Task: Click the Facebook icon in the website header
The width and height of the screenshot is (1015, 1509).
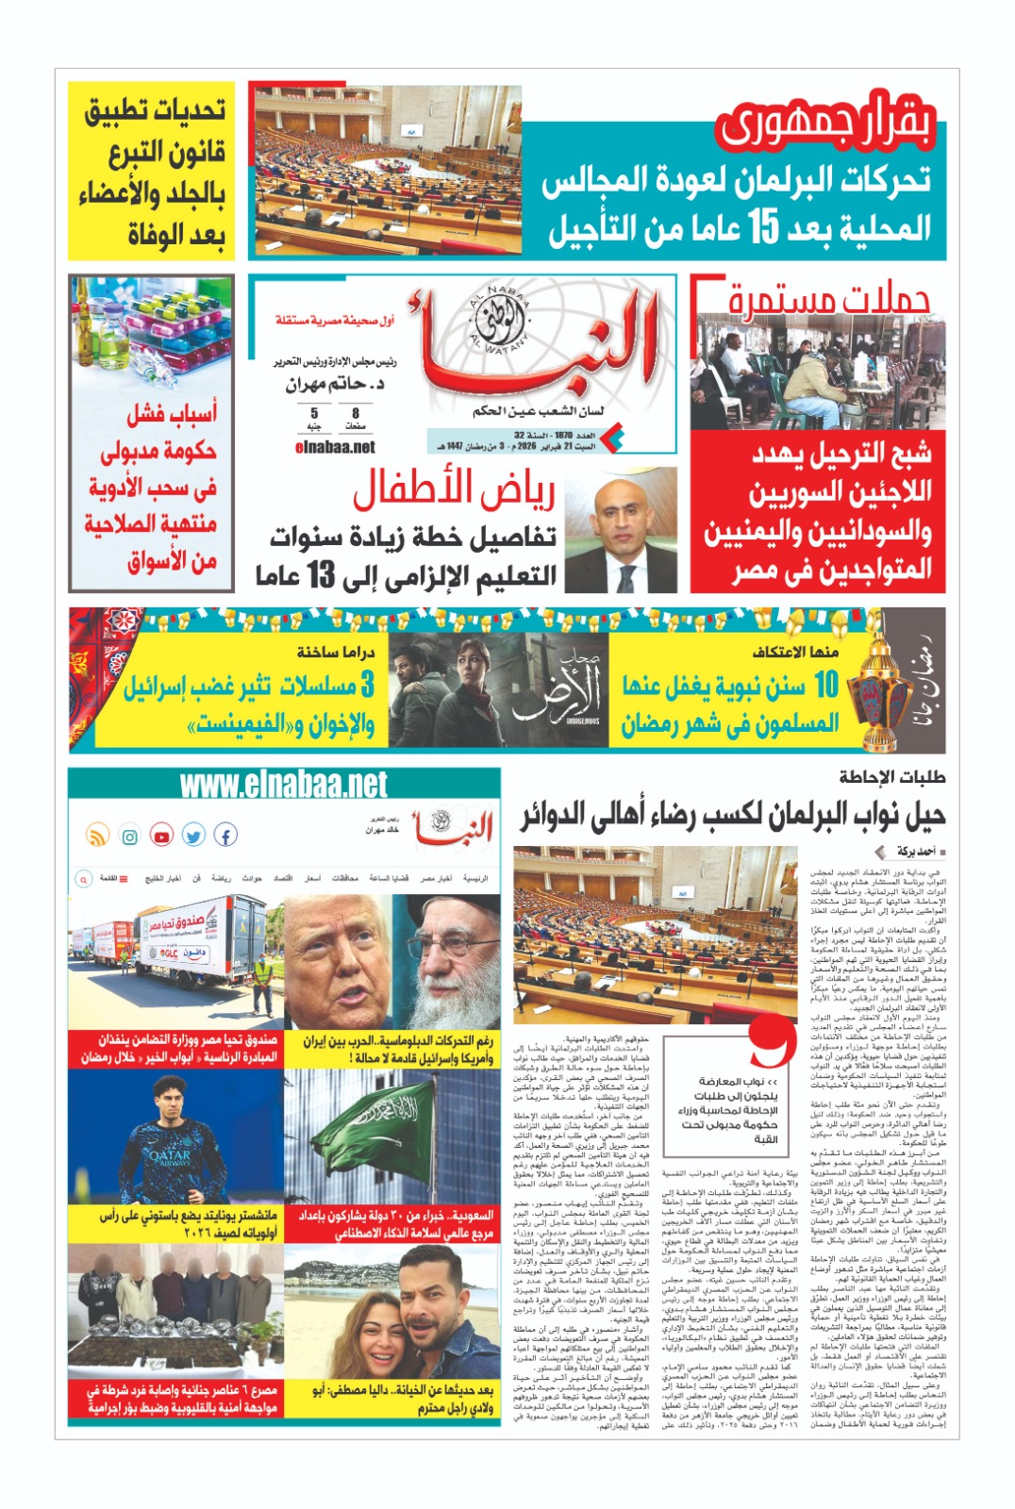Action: [x=225, y=835]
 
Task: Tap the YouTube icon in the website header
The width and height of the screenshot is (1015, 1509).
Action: [x=161, y=836]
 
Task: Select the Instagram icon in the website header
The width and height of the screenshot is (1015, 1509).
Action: [x=130, y=836]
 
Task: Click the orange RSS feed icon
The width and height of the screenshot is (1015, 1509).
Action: [x=98, y=836]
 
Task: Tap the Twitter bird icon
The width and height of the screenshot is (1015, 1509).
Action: [x=193, y=836]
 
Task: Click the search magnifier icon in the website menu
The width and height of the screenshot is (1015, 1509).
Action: [x=83, y=878]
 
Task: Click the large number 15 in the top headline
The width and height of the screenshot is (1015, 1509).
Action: [x=763, y=226]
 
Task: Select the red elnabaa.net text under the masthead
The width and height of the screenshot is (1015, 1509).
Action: [x=335, y=447]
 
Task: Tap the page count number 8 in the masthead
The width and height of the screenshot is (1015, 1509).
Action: [x=356, y=413]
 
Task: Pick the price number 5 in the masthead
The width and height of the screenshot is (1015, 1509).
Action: [x=314, y=413]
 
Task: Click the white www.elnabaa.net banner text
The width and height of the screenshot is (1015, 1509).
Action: [x=283, y=785]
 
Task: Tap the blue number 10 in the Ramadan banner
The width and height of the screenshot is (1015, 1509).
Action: [x=826, y=685]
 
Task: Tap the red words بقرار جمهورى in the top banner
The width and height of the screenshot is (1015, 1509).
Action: [x=824, y=125]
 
